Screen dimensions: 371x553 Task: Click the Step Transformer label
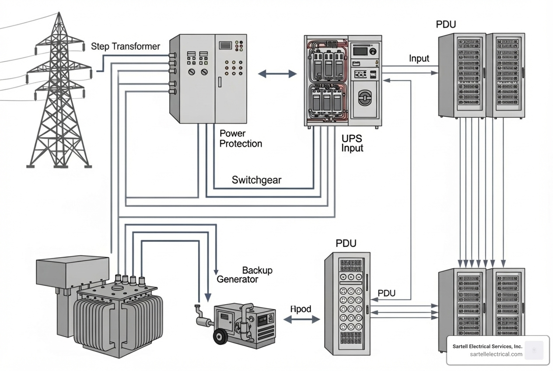[125, 46]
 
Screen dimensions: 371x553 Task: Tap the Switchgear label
[256, 180]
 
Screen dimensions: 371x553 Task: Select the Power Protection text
[240, 138]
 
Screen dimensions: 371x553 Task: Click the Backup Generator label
[244, 275]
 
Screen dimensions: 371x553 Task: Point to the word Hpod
[301, 309]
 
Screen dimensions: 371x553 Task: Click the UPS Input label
[352, 143]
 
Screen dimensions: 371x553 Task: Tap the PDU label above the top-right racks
[446, 24]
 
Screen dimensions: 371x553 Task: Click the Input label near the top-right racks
[419, 59]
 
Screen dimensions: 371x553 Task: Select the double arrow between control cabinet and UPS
[277, 74]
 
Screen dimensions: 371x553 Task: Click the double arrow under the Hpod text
[301, 320]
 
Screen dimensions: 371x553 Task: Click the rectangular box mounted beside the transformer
[72, 271]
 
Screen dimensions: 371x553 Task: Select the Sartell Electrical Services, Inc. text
[487, 346]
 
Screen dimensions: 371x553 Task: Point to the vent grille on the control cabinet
[225, 45]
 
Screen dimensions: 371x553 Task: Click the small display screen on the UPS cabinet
[360, 51]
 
